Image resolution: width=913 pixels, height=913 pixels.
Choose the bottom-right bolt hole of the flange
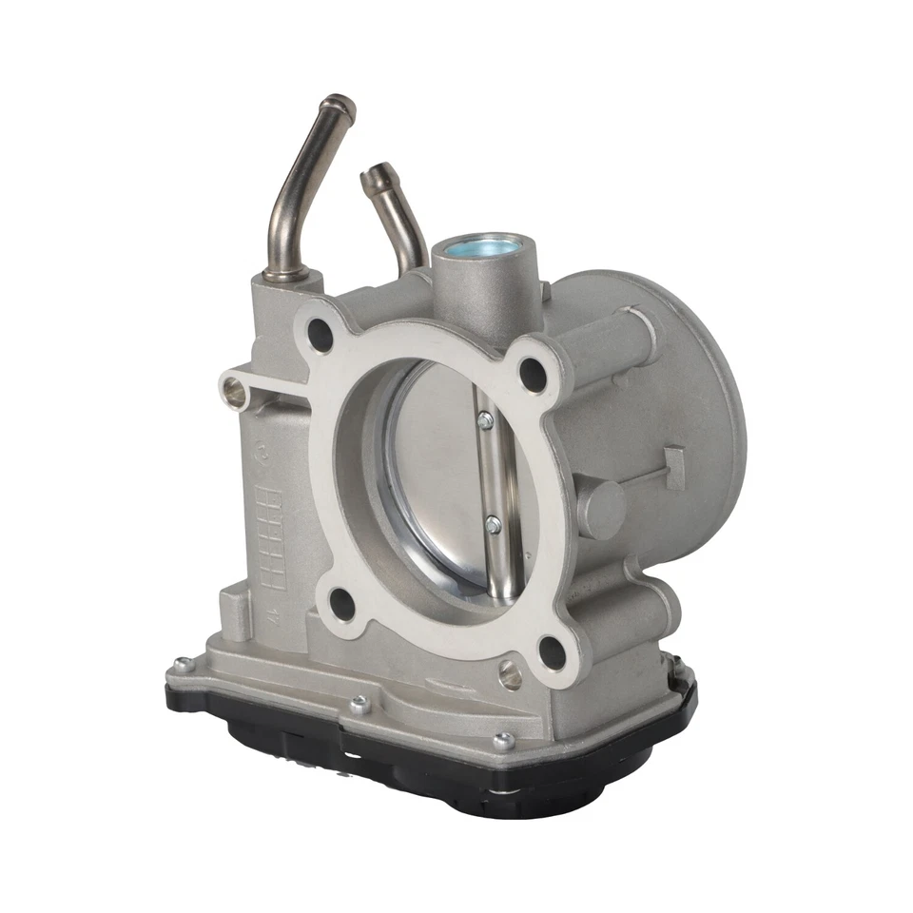pos(552,651)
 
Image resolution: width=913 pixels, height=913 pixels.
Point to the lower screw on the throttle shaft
pos(493,522)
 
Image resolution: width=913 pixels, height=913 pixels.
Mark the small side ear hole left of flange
pos(233,390)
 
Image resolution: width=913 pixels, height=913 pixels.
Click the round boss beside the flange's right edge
pos(602,508)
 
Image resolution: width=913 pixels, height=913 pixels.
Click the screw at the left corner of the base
pos(182,665)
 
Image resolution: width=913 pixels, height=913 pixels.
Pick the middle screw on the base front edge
pos(359,705)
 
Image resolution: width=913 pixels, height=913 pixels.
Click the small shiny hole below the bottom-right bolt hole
pos(510,674)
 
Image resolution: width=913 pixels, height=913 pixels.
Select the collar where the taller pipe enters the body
pos(285,275)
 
